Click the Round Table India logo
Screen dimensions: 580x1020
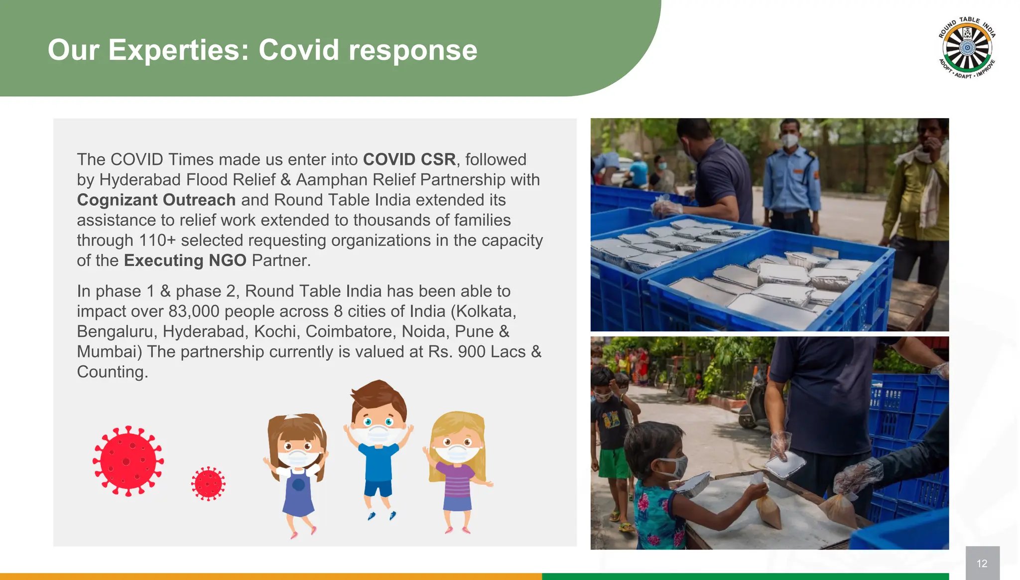(967, 48)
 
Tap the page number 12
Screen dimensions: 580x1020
(982, 564)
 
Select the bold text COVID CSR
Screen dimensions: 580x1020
(409, 159)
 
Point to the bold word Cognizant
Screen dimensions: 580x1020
(118, 200)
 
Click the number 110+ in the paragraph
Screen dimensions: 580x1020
(157, 240)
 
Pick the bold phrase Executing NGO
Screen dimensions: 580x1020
(185, 261)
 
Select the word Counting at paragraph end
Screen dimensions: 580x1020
(112, 372)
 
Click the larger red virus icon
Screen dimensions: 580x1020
(128, 461)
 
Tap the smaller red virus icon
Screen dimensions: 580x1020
(208, 483)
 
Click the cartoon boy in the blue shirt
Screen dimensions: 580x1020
(379, 443)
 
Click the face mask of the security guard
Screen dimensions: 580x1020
(789, 141)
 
